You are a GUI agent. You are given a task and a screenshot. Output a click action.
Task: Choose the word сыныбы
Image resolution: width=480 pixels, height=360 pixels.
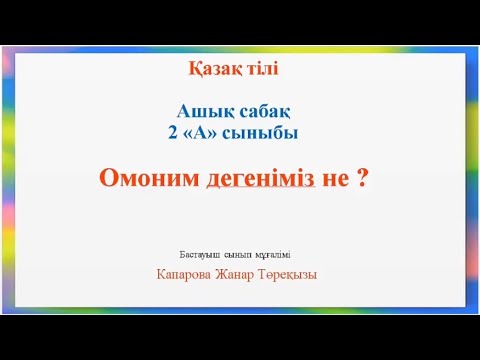point(264,131)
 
